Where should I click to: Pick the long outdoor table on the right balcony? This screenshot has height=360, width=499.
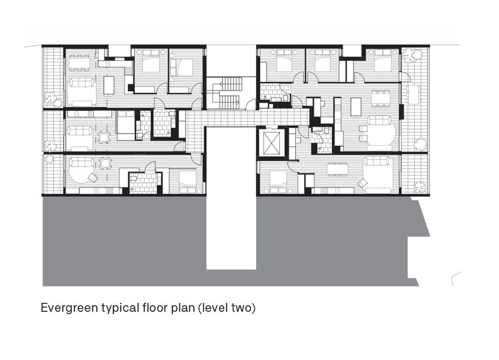(x=413, y=93)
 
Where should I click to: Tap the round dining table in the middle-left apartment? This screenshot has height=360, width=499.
(x=104, y=137)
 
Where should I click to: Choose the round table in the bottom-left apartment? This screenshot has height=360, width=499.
(x=105, y=163)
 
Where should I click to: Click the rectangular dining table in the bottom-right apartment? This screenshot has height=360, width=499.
(x=338, y=169)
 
